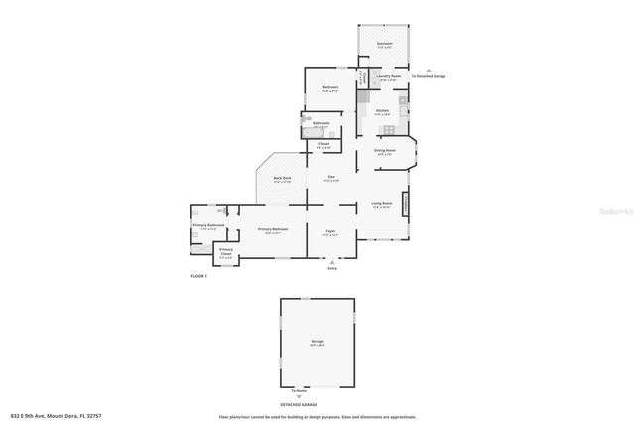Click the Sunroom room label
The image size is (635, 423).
coord(384,44)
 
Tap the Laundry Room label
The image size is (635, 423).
coord(389,76)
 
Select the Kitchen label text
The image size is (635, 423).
coord(381,110)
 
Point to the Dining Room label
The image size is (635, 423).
coord(384,150)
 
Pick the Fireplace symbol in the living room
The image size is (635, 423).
coord(405,203)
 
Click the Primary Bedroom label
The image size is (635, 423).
coord(274,230)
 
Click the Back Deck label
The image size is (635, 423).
coord(282,179)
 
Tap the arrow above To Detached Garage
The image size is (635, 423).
coord(428,70)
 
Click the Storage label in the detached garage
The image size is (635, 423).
coord(317,342)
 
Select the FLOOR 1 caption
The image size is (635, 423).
coord(198,275)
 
